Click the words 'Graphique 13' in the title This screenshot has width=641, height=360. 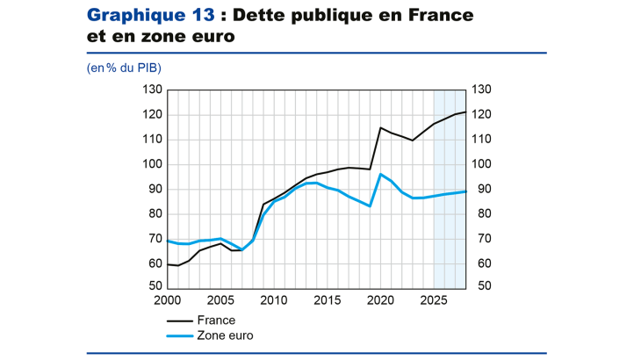(147, 16)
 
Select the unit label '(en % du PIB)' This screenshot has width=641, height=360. (124, 68)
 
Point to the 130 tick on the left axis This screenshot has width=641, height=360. (153, 90)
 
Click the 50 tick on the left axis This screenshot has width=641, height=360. (155, 287)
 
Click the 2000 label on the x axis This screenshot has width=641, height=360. (167, 301)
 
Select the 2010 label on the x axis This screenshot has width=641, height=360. (273, 301)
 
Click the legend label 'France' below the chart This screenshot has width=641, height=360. (218, 320)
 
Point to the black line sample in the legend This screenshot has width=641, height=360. (181, 320)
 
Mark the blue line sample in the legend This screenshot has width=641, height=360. (181, 335)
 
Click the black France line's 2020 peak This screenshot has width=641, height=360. (380, 128)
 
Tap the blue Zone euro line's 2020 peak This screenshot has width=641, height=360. (380, 174)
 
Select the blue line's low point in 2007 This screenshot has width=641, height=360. (241, 249)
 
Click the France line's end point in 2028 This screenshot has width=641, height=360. (465, 112)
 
